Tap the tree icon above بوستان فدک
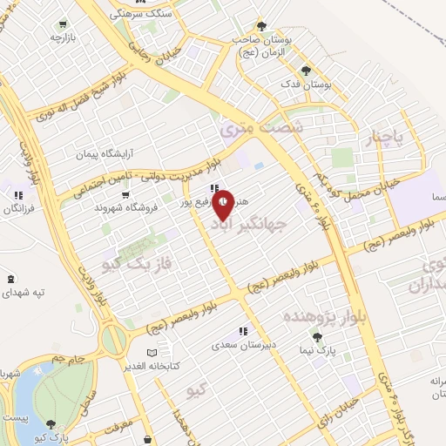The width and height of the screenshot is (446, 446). (x=305, y=71)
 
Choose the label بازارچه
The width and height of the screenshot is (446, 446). (x=64, y=38)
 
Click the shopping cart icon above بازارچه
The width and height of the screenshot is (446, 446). (x=63, y=24)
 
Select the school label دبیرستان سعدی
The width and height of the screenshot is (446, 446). (x=240, y=344)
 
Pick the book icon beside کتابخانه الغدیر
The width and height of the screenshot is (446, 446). (x=153, y=353)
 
